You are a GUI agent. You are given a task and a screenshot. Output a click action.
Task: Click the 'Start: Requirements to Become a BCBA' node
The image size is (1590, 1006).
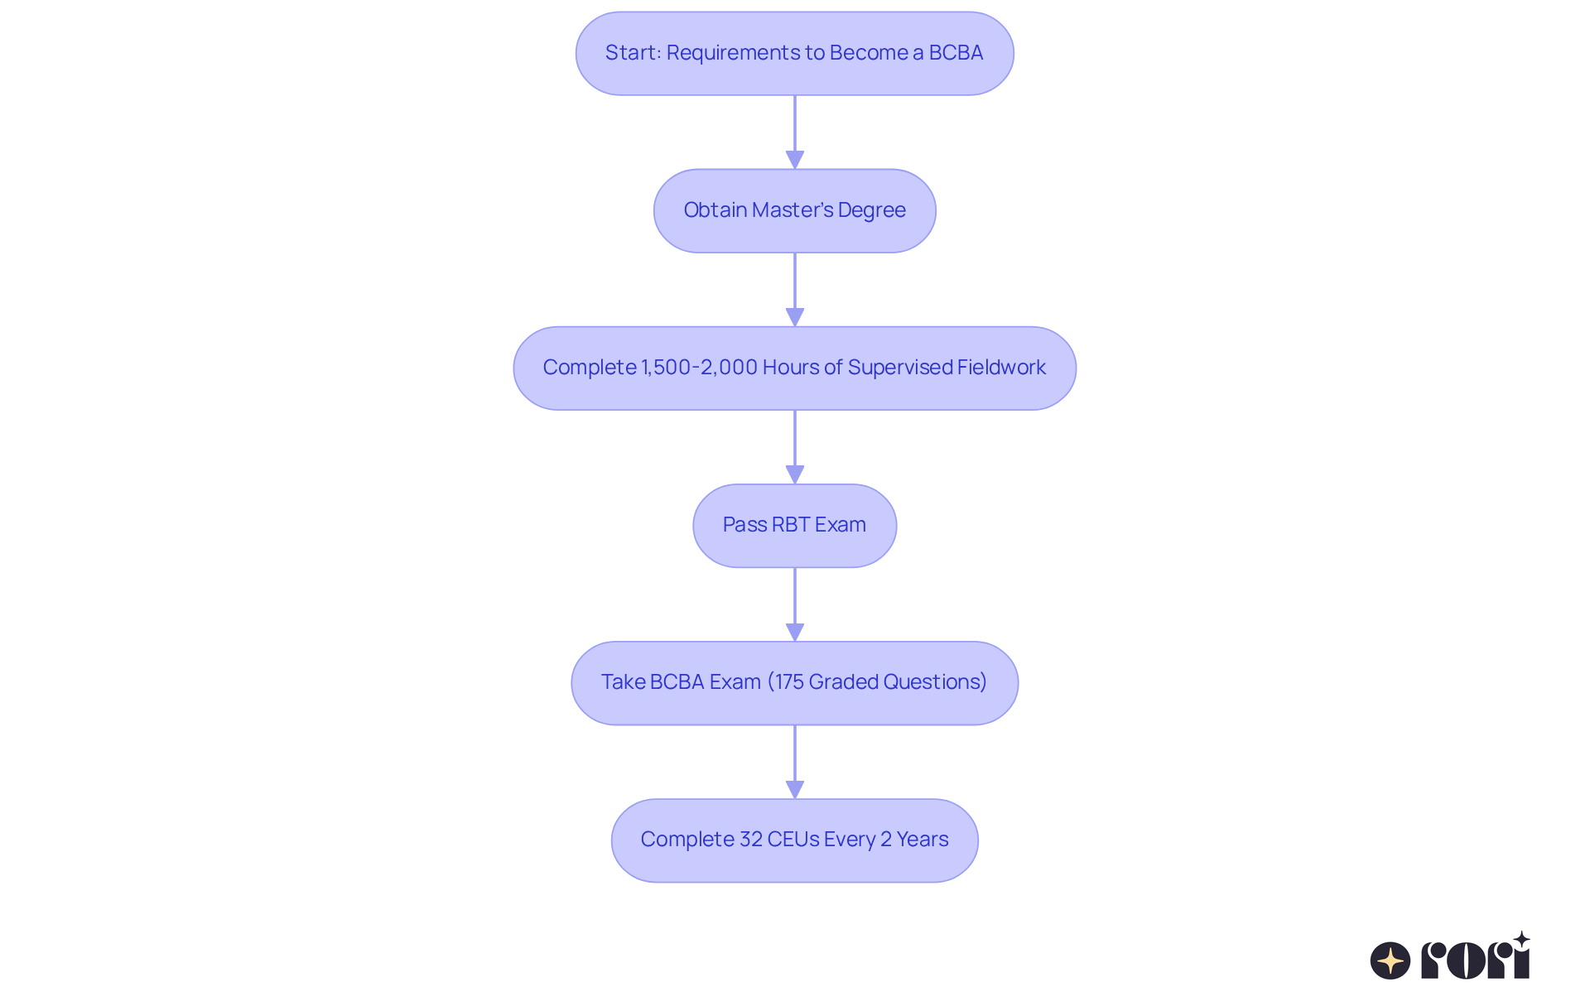coord(794,53)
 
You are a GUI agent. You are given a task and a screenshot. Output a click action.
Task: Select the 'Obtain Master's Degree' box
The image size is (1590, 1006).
coord(794,210)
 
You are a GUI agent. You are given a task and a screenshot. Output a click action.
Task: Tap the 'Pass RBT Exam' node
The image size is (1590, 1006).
coord(794,525)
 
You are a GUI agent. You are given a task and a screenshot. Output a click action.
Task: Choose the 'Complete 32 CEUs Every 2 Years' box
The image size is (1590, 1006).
coord(794,840)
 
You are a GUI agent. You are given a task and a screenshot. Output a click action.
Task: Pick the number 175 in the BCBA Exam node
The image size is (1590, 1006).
coord(788,682)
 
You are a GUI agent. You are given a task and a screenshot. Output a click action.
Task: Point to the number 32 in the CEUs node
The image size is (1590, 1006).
coord(750,840)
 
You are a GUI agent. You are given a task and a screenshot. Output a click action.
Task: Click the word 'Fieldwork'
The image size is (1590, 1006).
coord(1001,368)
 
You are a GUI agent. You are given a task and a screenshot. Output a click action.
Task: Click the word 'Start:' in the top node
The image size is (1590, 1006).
coord(633,53)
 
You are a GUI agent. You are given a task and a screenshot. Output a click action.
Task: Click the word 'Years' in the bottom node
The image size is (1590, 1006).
coord(922,840)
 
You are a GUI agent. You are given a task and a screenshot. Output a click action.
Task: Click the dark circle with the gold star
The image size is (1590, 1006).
coord(1390,960)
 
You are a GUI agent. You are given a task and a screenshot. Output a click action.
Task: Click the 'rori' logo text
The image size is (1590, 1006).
coord(1475,960)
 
